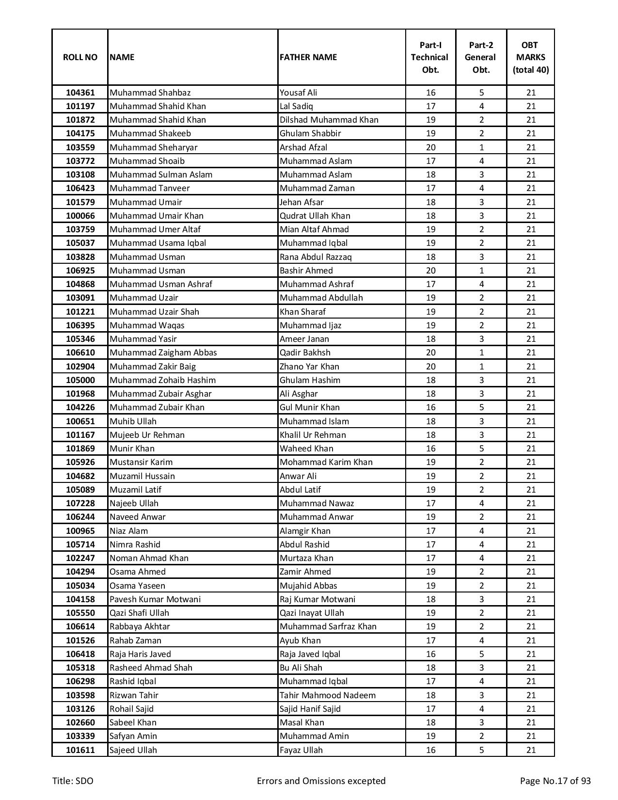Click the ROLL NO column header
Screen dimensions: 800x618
[80, 57]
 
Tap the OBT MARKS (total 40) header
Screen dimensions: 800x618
[531, 57]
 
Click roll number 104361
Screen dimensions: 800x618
[80, 93]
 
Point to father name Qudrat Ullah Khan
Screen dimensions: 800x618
[315, 216]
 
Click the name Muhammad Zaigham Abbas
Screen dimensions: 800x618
[163, 352]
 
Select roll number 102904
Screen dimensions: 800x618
[80, 367]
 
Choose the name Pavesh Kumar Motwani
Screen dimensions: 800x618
[155, 599]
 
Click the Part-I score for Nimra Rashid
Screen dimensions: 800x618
[430, 544]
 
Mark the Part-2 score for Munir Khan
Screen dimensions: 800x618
[481, 448]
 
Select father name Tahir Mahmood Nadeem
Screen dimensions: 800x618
[327, 695]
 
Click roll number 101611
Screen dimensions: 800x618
[80, 750]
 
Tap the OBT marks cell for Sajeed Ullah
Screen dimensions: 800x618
[531, 750]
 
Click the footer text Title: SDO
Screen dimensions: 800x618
[73, 781]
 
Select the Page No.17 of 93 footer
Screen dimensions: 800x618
[555, 781]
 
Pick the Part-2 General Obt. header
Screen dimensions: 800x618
[481, 57]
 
